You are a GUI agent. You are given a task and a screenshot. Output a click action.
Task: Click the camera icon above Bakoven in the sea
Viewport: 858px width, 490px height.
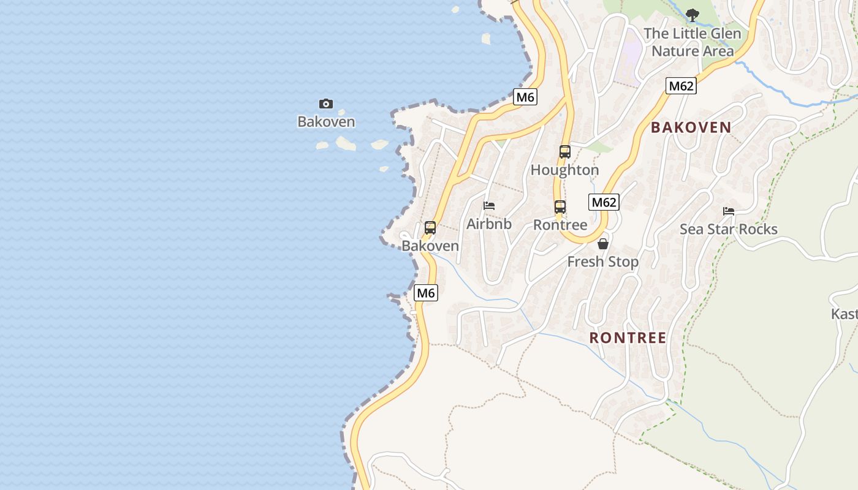326,104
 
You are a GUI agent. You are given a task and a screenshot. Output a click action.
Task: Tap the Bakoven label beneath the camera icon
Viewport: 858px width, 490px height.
326,121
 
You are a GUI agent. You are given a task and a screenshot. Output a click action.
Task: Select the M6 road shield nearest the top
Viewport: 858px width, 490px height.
525,97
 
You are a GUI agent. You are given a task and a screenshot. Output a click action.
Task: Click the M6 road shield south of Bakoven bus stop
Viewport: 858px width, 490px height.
426,293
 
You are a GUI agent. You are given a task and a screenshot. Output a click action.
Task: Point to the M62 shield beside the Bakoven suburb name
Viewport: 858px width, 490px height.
681,86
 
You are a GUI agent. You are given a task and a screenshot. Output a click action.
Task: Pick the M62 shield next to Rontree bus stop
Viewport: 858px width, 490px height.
604,202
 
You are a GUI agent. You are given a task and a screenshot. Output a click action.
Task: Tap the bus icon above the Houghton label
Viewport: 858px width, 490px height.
564,151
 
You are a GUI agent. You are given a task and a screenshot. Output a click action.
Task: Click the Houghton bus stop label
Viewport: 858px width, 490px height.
564,170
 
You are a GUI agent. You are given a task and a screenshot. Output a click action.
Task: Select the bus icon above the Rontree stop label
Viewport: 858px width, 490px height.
560,206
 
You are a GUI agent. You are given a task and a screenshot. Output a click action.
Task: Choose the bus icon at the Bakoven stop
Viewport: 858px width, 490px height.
430,228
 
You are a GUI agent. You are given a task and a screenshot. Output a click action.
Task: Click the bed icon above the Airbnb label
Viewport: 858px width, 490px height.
489,206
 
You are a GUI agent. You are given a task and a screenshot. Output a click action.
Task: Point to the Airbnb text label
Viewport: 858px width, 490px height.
489,224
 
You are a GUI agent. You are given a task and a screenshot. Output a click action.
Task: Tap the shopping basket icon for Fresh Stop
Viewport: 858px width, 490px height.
603,244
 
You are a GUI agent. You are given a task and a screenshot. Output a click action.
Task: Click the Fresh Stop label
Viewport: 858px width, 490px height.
603,262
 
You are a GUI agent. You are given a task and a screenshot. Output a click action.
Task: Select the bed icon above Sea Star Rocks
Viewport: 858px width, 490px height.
729,211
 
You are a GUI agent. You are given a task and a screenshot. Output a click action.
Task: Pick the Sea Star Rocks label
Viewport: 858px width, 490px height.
729,229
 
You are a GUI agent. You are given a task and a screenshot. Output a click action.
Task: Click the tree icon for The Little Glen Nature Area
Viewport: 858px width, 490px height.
693,15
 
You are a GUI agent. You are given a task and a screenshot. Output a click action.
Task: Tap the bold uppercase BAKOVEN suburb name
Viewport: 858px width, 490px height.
691,127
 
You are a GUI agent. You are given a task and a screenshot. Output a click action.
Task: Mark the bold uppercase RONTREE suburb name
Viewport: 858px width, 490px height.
628,337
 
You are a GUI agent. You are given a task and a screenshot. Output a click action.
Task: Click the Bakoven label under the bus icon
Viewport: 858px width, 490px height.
430,246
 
